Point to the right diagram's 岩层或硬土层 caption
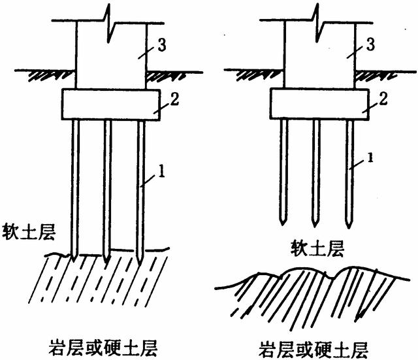tap(313, 346)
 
